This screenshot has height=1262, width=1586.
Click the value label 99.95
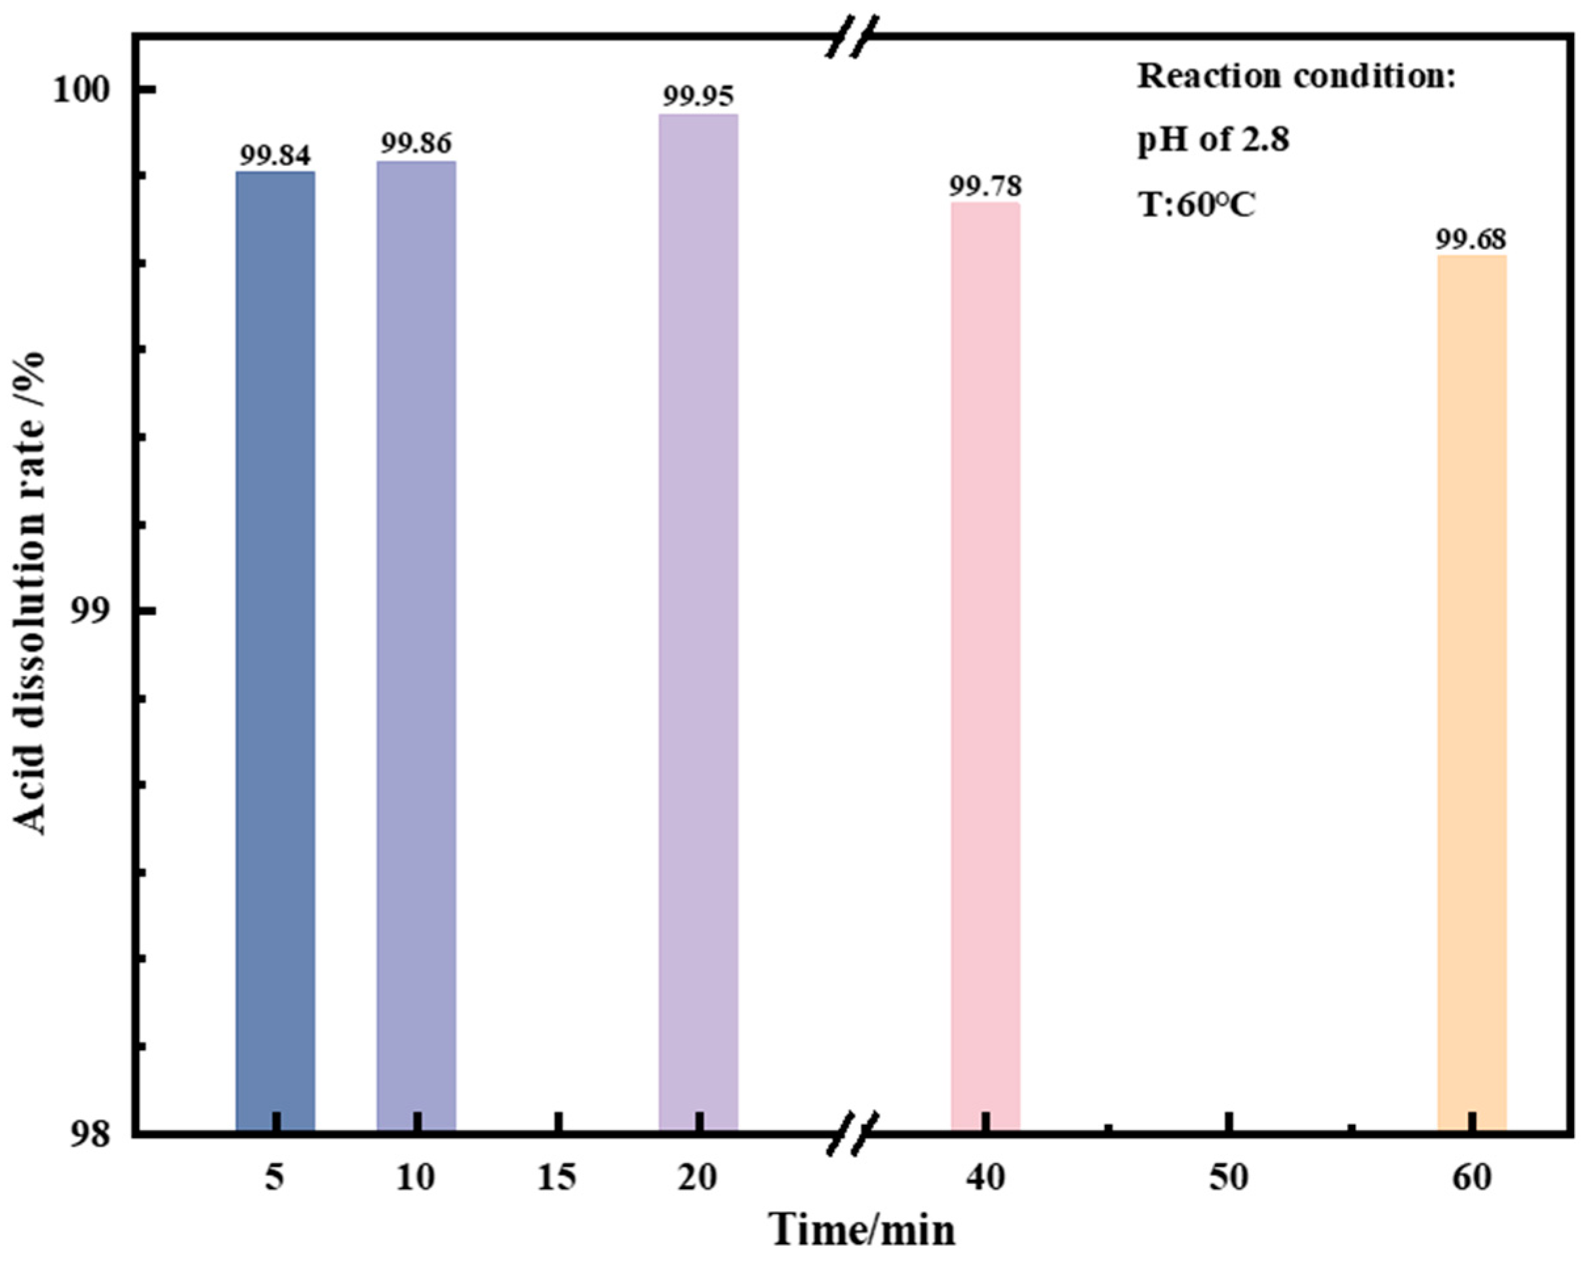698,96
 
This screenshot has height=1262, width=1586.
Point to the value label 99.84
275,155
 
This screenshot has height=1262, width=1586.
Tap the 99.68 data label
1472,239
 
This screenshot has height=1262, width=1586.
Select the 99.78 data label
985,186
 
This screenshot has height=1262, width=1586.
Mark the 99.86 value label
416,144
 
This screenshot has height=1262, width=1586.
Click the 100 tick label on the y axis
81,90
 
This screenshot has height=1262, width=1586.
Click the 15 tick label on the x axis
557,1178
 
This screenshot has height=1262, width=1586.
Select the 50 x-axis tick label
1229,1178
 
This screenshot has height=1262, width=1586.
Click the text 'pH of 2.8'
1214,139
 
